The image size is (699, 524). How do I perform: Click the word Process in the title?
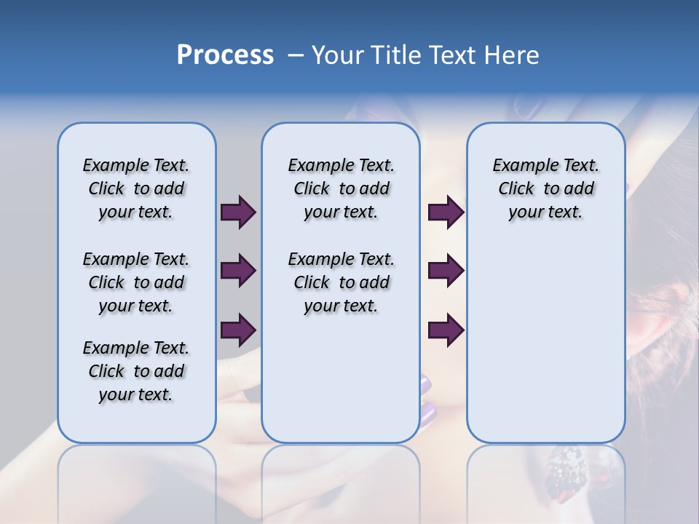[x=225, y=55]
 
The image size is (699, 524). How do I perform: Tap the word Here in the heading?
[x=509, y=55]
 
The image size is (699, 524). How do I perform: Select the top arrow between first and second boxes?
[x=238, y=212]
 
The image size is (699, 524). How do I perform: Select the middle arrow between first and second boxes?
[x=238, y=271]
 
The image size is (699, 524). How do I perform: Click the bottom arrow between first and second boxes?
[x=238, y=330]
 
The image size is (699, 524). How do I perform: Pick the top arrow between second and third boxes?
[x=446, y=212]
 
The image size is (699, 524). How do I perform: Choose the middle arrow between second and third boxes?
[x=446, y=271]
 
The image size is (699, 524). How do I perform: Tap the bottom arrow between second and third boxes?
[x=446, y=330]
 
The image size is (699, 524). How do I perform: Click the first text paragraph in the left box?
[x=136, y=188]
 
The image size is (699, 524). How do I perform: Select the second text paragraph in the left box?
[x=136, y=282]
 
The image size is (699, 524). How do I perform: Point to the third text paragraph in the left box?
[x=136, y=371]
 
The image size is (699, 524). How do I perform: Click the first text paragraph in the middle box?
[x=341, y=188]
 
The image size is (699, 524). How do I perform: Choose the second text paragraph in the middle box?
[x=341, y=282]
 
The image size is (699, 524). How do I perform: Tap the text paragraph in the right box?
[x=545, y=188]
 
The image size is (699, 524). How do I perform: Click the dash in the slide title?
[x=296, y=56]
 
